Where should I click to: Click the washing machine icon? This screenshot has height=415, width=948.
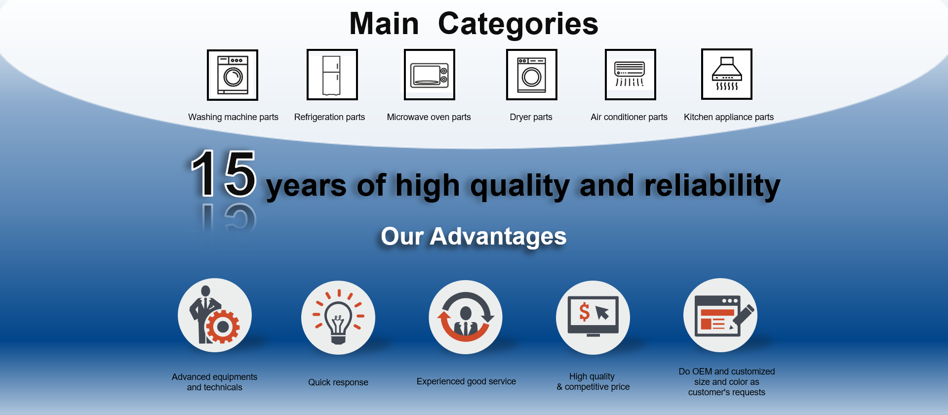tap(233, 75)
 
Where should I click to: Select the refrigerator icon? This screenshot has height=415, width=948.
tap(332, 75)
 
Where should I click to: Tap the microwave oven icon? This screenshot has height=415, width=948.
tap(429, 75)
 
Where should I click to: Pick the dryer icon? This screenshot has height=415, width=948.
tap(532, 75)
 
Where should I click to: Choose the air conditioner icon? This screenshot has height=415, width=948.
tap(630, 75)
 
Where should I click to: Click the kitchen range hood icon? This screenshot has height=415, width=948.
tap(727, 74)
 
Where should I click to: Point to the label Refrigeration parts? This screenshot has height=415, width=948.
tap(329, 117)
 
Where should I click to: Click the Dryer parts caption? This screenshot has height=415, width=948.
tap(531, 117)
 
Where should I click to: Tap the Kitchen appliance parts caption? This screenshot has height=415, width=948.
tap(729, 117)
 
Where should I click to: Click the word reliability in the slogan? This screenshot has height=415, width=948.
tap(712, 186)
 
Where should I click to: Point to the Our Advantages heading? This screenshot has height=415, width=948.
tap(474, 236)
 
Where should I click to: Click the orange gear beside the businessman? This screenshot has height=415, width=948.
tap(223, 327)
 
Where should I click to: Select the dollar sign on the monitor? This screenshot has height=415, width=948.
tap(585, 312)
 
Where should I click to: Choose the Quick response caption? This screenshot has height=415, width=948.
tap(338, 382)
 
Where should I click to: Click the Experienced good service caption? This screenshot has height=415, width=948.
tap(466, 381)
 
